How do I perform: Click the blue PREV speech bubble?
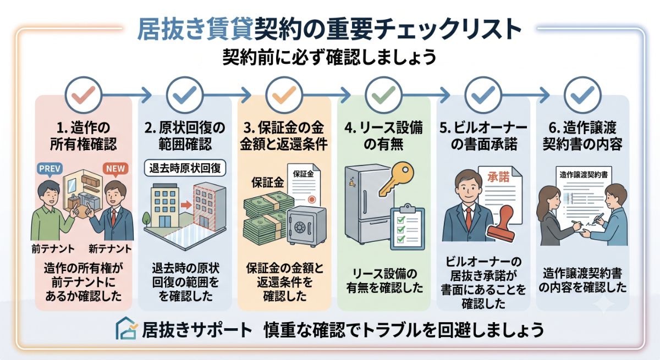click(50, 169)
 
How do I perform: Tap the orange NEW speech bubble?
click(115, 169)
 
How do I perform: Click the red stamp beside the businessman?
click(501, 224)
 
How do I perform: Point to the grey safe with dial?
click(306, 226)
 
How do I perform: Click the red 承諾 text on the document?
click(498, 177)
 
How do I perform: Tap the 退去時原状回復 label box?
click(185, 168)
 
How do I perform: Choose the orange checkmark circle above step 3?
click(284, 95)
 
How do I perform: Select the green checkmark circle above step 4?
click(383, 95)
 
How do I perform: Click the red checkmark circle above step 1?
click(84, 95)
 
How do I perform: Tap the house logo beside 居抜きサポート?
click(126, 329)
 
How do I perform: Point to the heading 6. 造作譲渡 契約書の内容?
click(582, 136)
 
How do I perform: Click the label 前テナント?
click(53, 250)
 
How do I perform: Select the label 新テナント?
click(110, 250)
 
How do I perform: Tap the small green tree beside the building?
click(146, 219)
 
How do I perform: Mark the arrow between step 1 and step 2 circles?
click(127, 95)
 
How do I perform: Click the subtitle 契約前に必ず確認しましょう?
click(329, 57)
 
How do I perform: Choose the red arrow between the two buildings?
click(186, 204)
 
